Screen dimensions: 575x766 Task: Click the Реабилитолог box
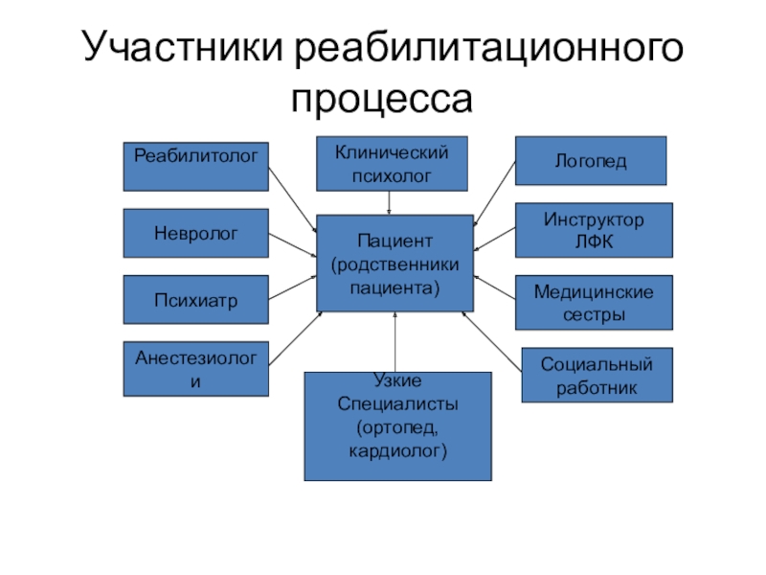click(x=195, y=166)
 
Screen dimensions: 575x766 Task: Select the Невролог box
click(x=195, y=233)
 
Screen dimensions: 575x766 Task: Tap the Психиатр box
click(x=195, y=299)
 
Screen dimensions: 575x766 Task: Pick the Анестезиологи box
click(x=195, y=369)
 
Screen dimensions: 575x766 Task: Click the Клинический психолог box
click(x=393, y=163)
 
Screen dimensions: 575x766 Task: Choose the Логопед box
click(x=591, y=161)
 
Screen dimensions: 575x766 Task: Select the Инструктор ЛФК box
click(x=594, y=230)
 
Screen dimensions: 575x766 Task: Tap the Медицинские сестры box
click(x=594, y=302)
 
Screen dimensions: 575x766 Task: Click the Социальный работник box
click(x=597, y=375)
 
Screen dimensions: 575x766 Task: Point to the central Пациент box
click(x=394, y=263)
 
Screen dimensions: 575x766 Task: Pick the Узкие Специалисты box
click(x=397, y=426)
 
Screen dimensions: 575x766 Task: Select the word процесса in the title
click(x=383, y=98)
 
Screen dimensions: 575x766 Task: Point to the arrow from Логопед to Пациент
click(x=494, y=195)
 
